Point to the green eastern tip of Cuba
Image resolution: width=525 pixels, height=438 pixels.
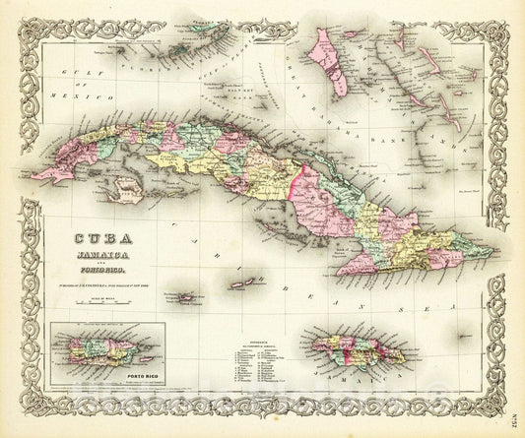coord(483,244)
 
